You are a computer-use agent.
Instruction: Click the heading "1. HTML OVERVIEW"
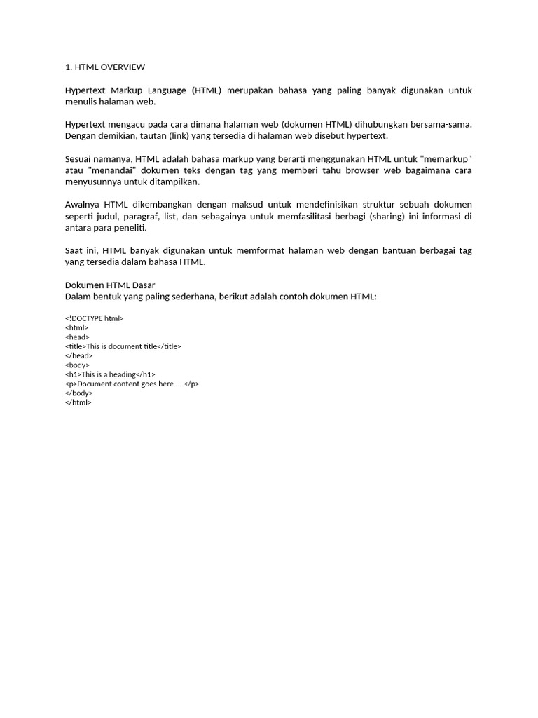coord(105,67)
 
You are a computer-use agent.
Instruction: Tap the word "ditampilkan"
coord(174,182)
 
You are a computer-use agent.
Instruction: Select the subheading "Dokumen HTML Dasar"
coord(110,285)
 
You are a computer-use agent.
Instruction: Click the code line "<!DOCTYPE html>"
coord(94,318)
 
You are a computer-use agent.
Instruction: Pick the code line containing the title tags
coord(123,346)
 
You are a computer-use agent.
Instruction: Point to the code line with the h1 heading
coord(110,374)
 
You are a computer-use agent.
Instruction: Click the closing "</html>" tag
coord(78,402)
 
